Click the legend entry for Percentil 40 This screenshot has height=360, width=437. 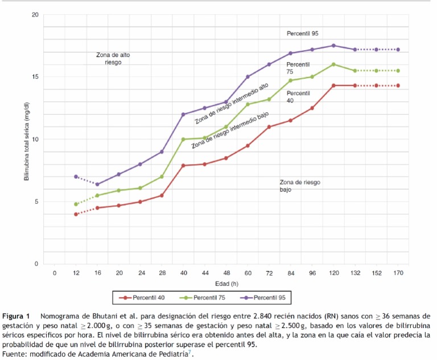click(x=145, y=297)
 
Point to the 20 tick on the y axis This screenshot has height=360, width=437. click(x=35, y=14)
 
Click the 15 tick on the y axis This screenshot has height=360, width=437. click(x=35, y=77)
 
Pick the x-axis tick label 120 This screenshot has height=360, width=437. click(x=333, y=273)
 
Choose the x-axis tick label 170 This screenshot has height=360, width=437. click(x=398, y=273)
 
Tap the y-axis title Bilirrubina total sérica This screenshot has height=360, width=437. click(x=27, y=139)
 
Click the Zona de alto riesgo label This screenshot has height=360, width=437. click(x=113, y=59)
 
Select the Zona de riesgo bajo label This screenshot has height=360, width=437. click(x=300, y=186)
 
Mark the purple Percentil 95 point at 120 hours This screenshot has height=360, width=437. click(x=333, y=46)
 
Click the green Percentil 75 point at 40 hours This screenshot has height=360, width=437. click(x=183, y=139)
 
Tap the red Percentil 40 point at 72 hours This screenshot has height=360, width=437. click(x=269, y=126)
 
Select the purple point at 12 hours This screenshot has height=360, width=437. click(x=76, y=177)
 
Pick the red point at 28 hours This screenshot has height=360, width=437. click(x=162, y=195)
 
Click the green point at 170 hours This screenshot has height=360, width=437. click(x=398, y=71)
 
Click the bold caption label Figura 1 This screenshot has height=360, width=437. click(x=15, y=316)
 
